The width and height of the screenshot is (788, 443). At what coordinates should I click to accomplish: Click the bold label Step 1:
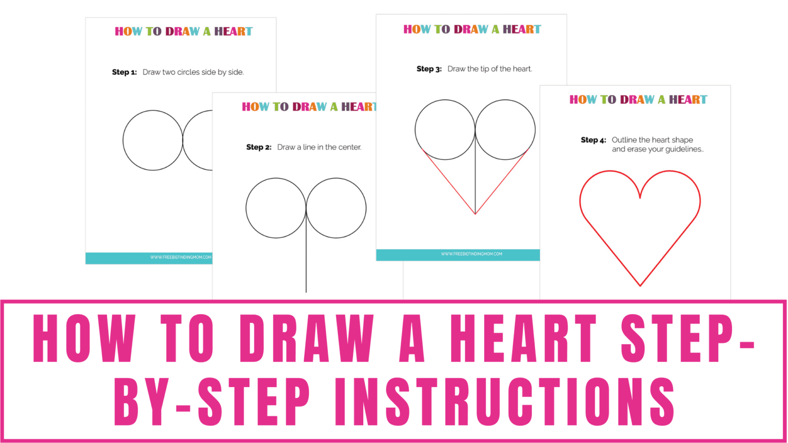[x=124, y=72]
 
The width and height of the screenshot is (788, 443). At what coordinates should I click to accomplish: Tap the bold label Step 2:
[x=259, y=147]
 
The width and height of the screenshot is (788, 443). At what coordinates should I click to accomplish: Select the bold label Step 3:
[x=429, y=69]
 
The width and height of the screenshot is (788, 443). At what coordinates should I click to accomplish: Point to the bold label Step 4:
[x=593, y=140]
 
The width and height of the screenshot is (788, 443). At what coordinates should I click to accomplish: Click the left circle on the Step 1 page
[x=153, y=140]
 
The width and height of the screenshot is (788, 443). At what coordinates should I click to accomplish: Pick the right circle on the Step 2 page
[x=336, y=208]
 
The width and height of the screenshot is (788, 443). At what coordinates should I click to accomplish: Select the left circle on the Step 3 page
[x=445, y=130]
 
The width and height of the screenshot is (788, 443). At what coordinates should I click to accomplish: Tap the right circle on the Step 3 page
[x=505, y=130]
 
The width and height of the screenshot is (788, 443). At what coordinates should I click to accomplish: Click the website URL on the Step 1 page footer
[x=181, y=257]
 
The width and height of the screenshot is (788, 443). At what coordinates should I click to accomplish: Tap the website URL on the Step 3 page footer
[x=471, y=254]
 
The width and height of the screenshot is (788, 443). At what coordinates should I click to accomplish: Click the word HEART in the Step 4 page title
[x=688, y=99]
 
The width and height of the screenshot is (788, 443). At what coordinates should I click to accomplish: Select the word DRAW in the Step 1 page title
[x=183, y=31]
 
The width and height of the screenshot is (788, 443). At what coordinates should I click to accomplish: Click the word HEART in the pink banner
[x=523, y=339]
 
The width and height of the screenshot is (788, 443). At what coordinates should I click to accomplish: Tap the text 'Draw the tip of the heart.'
[x=489, y=69]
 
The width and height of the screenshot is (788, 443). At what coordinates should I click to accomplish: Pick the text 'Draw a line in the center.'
[x=319, y=147]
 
